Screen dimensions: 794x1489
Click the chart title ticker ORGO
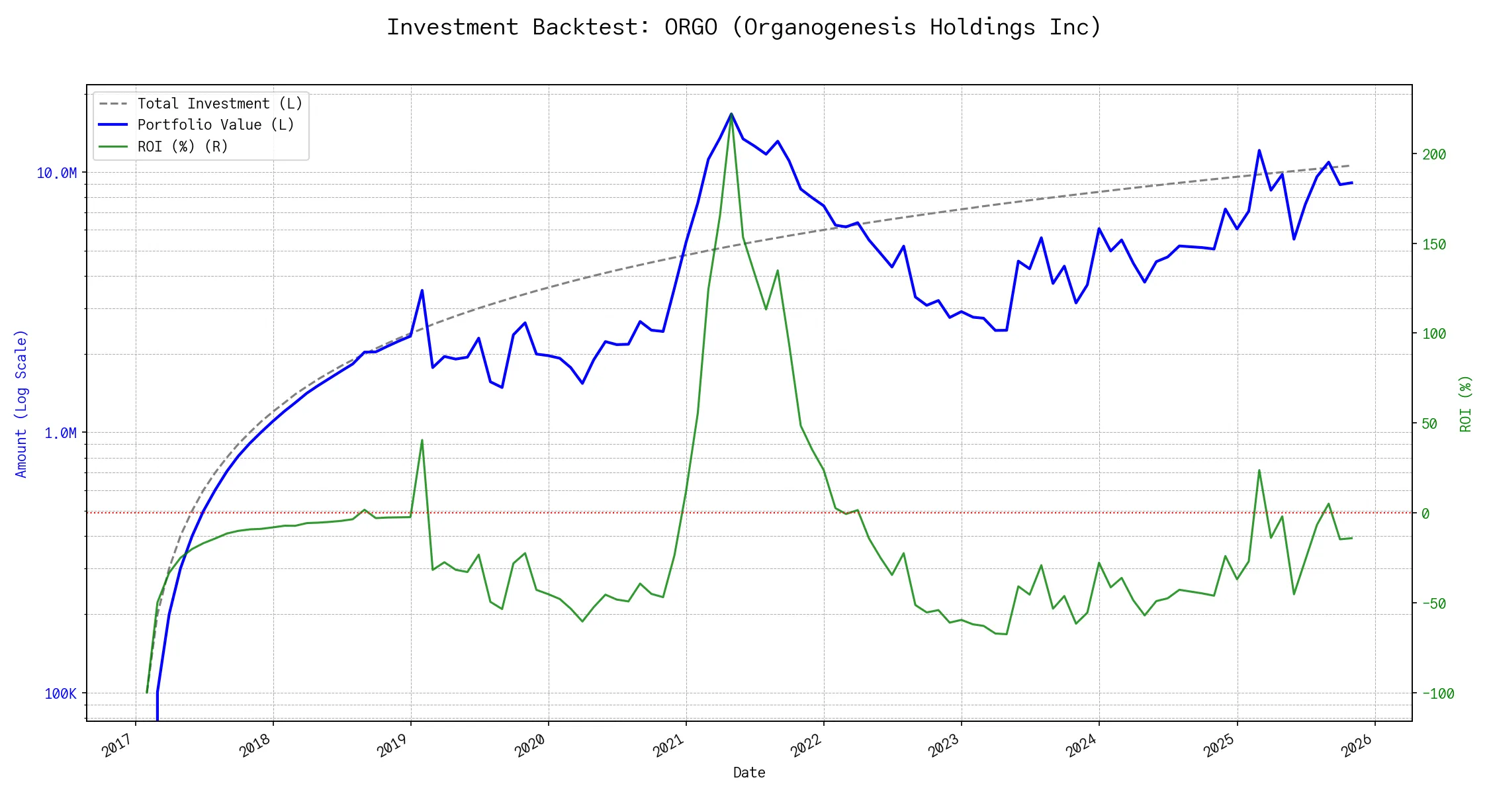[690, 27]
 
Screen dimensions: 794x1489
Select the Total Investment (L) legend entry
[220, 104]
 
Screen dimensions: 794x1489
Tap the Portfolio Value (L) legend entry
[216, 125]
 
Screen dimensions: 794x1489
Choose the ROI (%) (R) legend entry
[183, 146]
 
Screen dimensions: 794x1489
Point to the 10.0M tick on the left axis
[57, 173]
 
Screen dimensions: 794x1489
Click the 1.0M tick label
[60, 433]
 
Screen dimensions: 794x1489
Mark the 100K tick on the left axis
[60, 693]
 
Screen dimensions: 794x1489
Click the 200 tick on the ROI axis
[1434, 154]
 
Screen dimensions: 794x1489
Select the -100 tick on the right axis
[1437, 693]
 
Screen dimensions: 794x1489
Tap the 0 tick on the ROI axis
[1425, 513]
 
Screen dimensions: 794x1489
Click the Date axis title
[749, 772]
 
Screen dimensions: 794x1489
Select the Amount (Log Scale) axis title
[21, 404]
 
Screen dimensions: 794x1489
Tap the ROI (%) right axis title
[1466, 404]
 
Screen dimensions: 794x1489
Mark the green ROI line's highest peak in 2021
[731, 114]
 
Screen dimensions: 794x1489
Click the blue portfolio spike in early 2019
[422, 290]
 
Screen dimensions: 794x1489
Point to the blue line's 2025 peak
[1259, 150]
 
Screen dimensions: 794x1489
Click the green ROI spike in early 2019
[422, 440]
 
